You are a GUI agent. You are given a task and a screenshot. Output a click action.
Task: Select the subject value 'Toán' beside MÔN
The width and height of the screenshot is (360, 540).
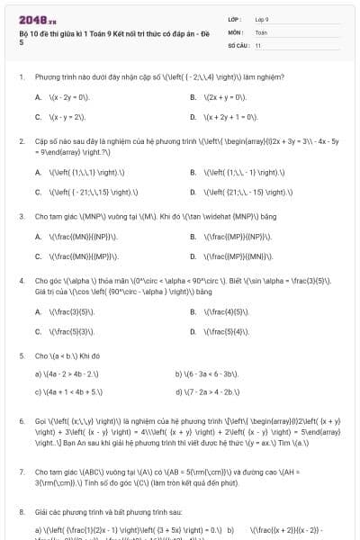[261, 31]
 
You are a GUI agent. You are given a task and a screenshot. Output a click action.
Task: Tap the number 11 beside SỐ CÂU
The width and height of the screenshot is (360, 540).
[258, 44]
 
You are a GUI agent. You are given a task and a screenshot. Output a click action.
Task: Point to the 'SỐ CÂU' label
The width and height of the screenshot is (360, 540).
[238, 44]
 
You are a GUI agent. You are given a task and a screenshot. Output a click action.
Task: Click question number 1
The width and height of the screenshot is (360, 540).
[21, 76]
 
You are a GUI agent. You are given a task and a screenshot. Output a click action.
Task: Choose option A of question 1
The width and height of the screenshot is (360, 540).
[39, 96]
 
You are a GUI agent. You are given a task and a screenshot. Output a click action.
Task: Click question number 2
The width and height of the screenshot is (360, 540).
[21, 141]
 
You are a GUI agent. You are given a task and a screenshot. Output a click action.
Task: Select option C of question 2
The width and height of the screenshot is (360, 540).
[39, 192]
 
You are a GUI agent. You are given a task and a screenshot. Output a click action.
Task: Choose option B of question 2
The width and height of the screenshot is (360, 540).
[193, 172]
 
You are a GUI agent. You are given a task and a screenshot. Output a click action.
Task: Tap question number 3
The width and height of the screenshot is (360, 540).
[21, 216]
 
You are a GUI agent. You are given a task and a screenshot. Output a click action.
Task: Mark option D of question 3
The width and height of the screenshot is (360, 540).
[193, 256]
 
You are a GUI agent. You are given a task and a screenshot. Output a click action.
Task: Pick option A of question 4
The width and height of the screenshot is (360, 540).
[39, 311]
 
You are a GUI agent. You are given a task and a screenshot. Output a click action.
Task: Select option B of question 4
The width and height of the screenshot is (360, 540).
[193, 311]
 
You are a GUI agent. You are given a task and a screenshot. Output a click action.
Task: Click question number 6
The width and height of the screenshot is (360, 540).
[21, 420]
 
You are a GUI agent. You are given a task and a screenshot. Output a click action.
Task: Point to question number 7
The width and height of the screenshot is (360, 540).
[21, 471]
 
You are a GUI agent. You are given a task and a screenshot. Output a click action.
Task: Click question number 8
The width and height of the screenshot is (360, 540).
[21, 511]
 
